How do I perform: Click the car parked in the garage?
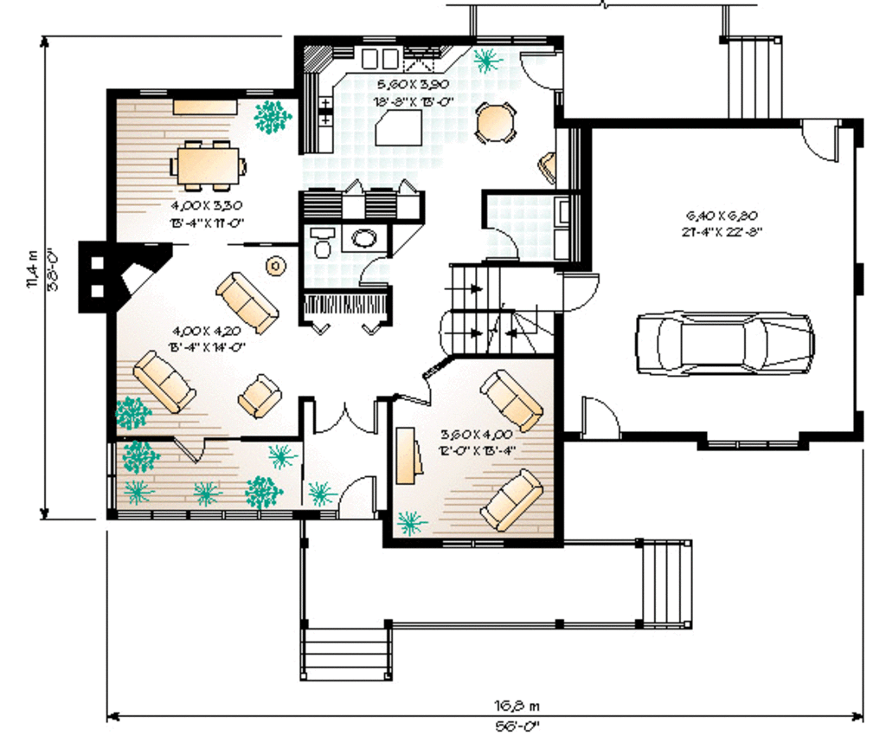pyautogui.click(x=725, y=343)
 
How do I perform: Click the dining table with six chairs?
pyautogui.click(x=208, y=165)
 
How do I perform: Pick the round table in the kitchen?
pyautogui.click(x=495, y=122)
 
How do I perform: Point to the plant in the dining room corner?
pyautogui.click(x=273, y=116)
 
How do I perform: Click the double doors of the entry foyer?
pyautogui.click(x=345, y=416)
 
